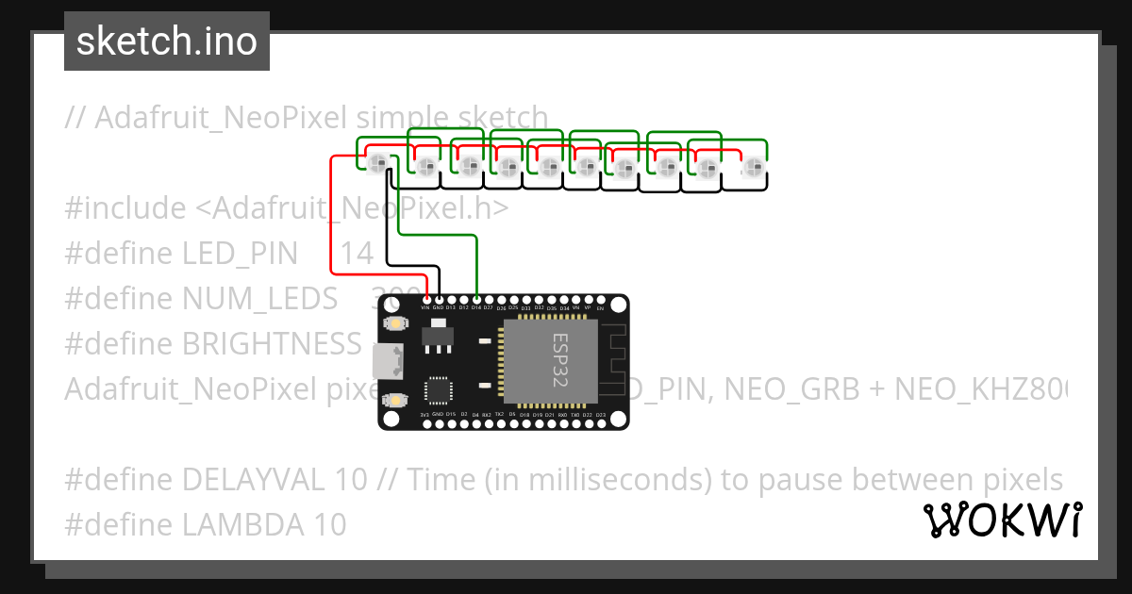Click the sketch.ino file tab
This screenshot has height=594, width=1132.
pos(166,41)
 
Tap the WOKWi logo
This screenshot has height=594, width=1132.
pos(1002,520)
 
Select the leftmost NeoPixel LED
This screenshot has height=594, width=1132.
pos(378,164)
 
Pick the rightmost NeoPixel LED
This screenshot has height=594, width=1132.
pos(752,168)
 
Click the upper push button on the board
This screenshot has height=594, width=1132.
pos(393,323)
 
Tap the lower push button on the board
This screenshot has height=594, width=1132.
pos(393,400)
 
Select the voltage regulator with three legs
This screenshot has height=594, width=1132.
pos(436,335)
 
